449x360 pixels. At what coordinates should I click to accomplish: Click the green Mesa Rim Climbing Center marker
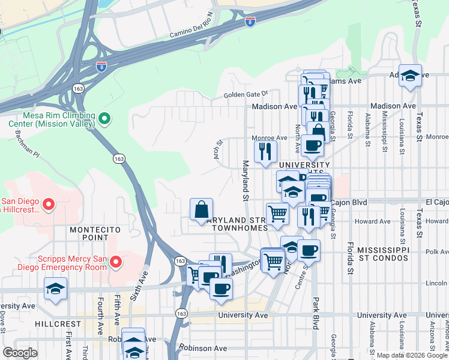point(104,119)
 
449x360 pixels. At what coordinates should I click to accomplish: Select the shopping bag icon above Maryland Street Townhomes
point(202,210)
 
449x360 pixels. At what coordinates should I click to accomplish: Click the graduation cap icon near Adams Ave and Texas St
point(410,76)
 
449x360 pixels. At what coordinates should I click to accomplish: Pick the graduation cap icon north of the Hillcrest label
point(55,289)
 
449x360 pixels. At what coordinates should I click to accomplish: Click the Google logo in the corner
point(20,353)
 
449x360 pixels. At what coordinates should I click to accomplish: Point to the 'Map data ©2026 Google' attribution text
point(412,355)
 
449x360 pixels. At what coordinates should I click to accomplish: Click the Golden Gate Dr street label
point(245,95)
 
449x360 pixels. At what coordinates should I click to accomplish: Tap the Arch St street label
point(219,147)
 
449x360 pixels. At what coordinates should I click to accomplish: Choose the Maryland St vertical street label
point(245,181)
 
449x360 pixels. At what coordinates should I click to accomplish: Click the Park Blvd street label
point(315,313)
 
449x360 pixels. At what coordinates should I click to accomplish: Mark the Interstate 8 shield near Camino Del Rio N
point(250,22)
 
